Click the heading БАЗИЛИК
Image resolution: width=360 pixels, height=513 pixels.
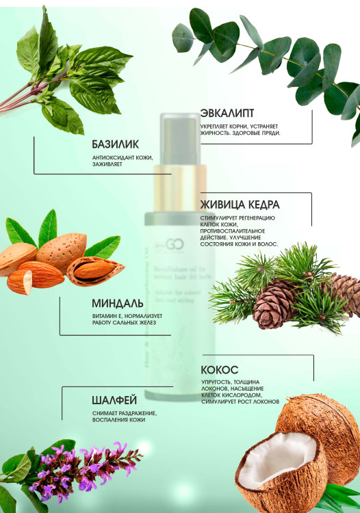click(x=115, y=145)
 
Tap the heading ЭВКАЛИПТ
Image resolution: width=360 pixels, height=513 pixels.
click(x=229, y=113)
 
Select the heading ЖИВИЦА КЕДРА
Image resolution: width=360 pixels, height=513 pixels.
click(x=240, y=204)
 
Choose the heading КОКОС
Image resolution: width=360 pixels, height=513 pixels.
click(x=220, y=369)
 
